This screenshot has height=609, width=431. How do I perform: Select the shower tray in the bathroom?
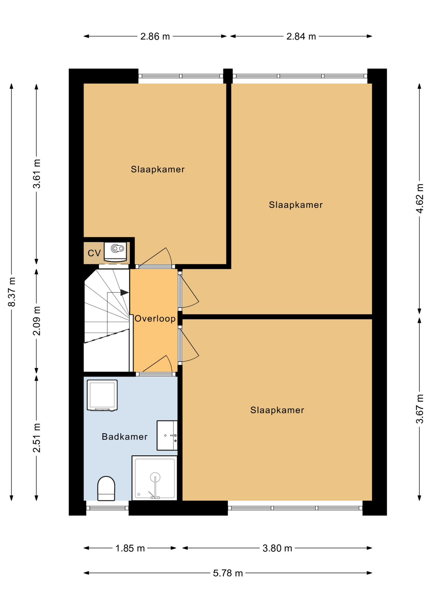point(155,478)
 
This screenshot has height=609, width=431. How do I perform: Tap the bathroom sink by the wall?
point(167,435)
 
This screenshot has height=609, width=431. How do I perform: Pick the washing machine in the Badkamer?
point(102,395)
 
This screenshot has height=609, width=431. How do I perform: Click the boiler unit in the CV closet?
point(115,252)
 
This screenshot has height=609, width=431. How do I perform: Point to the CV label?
point(94,253)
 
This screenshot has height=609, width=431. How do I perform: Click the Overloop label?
point(155,318)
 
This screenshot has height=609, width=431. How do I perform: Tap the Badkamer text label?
point(125,437)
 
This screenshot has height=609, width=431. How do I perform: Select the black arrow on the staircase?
point(124,292)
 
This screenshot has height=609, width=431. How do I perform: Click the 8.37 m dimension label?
point(12,292)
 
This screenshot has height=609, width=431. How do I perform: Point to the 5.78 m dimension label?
point(228,573)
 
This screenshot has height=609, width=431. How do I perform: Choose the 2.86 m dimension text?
point(155,36)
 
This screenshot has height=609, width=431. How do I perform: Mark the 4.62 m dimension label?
point(420,198)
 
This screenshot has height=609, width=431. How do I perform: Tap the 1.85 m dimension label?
point(130,548)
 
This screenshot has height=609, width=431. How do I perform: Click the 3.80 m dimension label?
point(277,548)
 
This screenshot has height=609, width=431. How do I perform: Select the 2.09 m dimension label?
point(37,321)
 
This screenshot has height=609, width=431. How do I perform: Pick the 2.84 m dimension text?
point(301,36)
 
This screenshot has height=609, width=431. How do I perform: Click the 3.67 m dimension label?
point(420,409)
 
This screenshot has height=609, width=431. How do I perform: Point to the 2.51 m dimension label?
point(37,438)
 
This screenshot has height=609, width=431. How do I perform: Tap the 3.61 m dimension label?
point(37,174)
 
